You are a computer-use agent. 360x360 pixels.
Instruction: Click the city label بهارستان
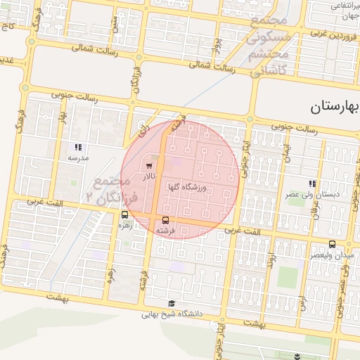pyautogui.click(x=334, y=108)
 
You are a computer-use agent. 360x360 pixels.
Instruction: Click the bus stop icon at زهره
pyautogui.click(x=124, y=216)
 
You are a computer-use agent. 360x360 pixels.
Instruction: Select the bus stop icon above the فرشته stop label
pyautogui.click(x=165, y=220)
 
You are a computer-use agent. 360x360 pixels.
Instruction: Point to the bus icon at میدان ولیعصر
pyautogui.click(x=331, y=244)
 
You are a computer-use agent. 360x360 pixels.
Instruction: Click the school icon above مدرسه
pyautogui.click(x=78, y=148)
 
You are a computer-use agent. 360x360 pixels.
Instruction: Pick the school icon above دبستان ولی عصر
pyautogui.click(x=312, y=184)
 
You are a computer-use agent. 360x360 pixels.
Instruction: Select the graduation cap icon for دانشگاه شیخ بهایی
pyautogui.click(x=172, y=304)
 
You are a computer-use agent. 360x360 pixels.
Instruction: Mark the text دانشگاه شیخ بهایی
pyautogui.click(x=172, y=314)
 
